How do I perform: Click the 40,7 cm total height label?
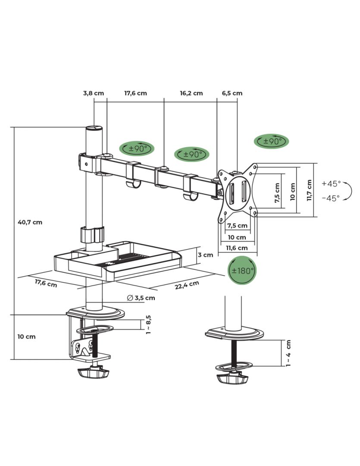click(30, 223)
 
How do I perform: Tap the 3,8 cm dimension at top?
click(94, 93)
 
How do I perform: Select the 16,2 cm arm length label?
click(191, 93)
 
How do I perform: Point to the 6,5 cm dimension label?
click(232, 93)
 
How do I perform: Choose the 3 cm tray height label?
click(205, 255)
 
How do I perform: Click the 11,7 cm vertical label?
click(309, 190)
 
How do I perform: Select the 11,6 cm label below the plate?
click(237, 248)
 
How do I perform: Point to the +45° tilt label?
click(331, 183)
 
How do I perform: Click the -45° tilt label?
click(331, 198)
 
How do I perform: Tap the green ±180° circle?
click(242, 271)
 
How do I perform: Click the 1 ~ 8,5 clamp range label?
click(148, 324)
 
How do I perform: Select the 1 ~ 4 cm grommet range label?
click(288, 353)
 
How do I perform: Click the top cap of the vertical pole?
click(94, 128)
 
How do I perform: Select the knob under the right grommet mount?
click(232, 378)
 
